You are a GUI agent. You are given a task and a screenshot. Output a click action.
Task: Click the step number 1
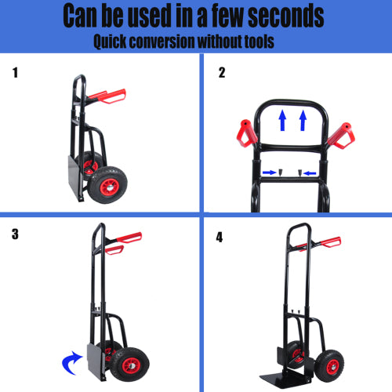15,74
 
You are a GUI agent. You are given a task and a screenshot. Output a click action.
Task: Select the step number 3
16,234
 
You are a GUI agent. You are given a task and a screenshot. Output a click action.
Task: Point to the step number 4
219,236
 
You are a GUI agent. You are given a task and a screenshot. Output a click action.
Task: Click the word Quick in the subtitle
115,42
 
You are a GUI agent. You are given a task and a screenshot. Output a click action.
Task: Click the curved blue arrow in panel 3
72,361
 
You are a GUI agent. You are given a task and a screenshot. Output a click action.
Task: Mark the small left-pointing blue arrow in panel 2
308,172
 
